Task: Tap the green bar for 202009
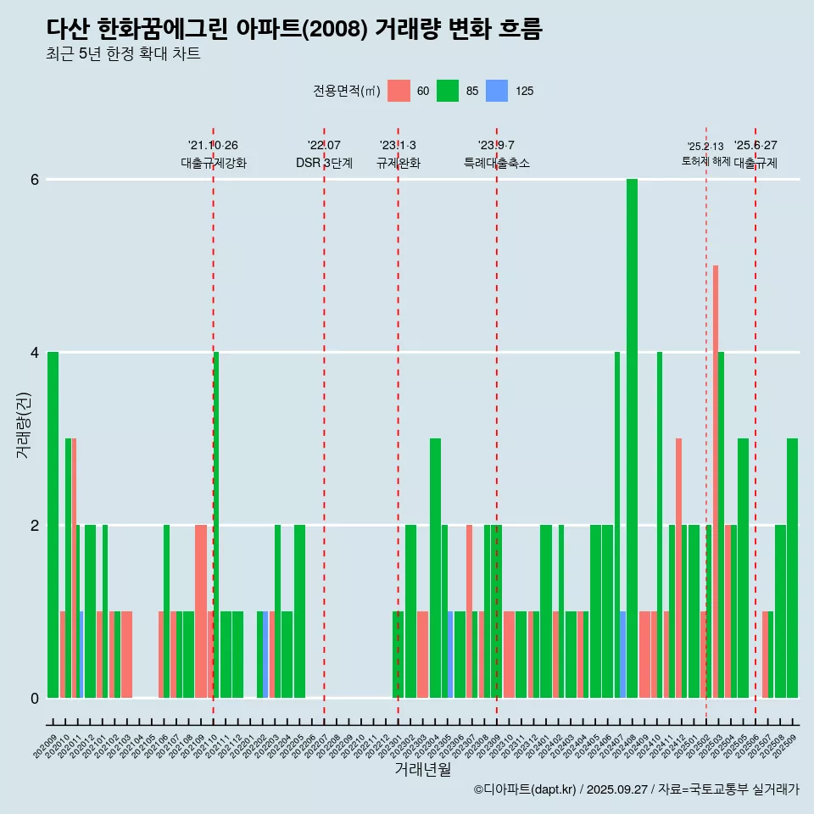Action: [x=53, y=524]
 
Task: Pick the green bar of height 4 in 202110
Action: [x=216, y=524]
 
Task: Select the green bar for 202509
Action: [x=792, y=567]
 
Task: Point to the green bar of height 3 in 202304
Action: [x=435, y=567]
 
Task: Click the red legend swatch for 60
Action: [x=399, y=91]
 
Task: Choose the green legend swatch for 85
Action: [x=448, y=91]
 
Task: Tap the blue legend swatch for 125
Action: [x=497, y=91]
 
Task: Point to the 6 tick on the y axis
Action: [x=35, y=180]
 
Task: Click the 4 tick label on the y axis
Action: [x=35, y=353]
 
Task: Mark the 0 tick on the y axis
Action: [x=35, y=698]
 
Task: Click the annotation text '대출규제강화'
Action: [x=214, y=163]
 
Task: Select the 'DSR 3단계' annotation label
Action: [x=324, y=163]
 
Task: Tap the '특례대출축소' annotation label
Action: [x=497, y=163]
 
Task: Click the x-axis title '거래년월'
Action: [x=423, y=769]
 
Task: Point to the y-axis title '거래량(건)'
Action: [x=23, y=424]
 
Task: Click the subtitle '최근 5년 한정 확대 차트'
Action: [x=123, y=54]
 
